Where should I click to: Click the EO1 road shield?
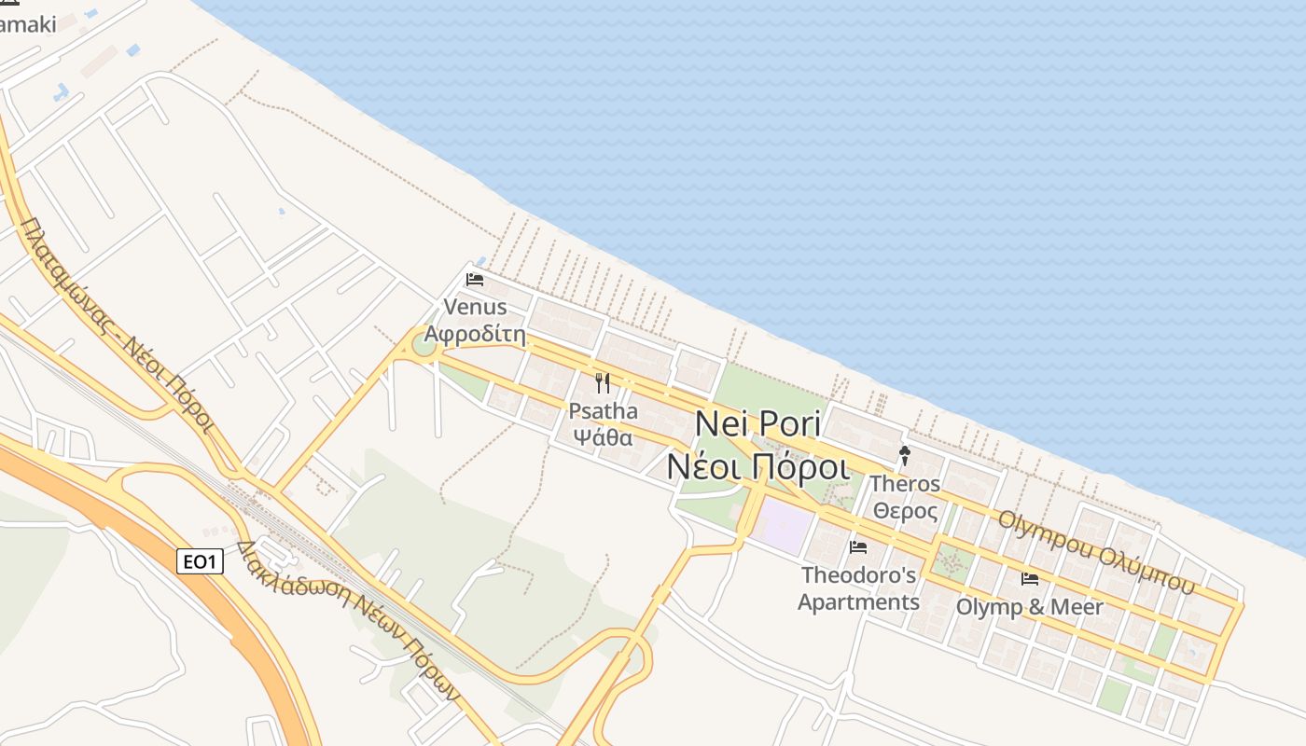tap(200, 561)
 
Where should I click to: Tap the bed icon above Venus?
tap(475, 279)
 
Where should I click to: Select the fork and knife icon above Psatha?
tap(603, 383)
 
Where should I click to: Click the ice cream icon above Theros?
tap(904, 456)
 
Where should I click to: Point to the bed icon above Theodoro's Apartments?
tap(858, 547)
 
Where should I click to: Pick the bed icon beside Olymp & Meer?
tap(1030, 579)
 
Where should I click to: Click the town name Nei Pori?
tap(757, 423)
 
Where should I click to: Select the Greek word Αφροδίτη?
tap(476, 334)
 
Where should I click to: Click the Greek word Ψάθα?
tap(603, 437)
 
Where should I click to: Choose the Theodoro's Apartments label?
tap(858, 588)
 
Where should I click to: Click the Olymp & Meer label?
tap(1030, 607)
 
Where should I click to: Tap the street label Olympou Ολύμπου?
tap(1096, 551)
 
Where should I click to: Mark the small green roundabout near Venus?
tap(424, 348)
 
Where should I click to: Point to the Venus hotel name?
tap(476, 307)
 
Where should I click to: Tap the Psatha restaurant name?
tap(603, 411)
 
